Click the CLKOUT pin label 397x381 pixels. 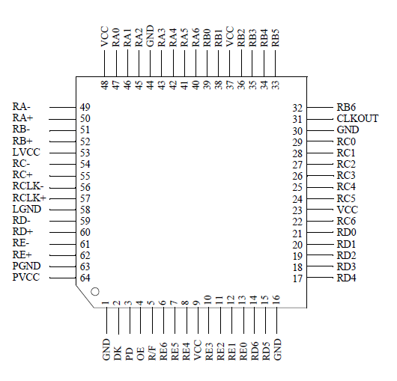pos(357,119)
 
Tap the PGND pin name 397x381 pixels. pos(26,266)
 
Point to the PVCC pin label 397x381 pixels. pos(26,278)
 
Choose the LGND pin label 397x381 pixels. pos(26,210)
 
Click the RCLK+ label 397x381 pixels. pos(29,198)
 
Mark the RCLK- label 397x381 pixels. pos(28,186)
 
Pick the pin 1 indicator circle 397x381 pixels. pos(95,290)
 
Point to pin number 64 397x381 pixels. pos(85,278)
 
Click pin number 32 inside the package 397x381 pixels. pos(297,108)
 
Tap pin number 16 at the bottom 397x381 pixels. pos(276,301)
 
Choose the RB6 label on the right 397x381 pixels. pos(346,108)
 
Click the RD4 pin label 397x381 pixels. pos(346,278)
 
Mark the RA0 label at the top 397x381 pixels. pos(116,39)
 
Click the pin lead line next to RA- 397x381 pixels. pos(65,107)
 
